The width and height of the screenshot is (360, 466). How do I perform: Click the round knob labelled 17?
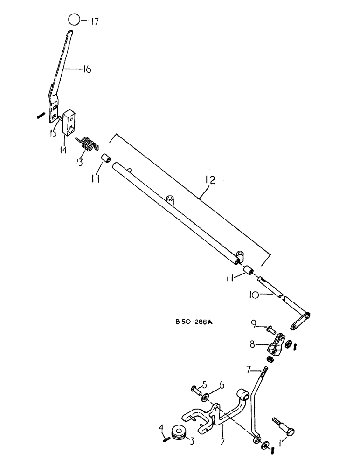click(73, 20)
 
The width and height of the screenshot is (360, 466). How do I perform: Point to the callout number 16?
click(87, 69)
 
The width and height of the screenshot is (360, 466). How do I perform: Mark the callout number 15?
click(55, 133)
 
